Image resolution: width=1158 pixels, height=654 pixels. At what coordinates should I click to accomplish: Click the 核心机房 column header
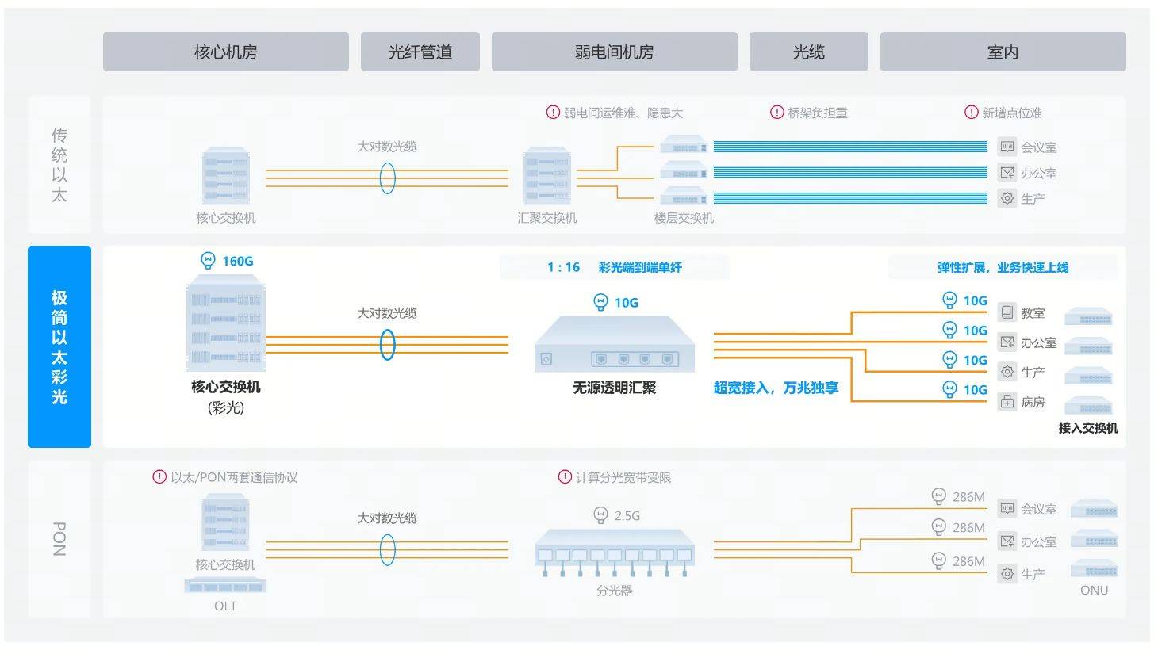click(x=225, y=52)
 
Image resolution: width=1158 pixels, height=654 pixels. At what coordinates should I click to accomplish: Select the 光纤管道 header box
click(x=420, y=52)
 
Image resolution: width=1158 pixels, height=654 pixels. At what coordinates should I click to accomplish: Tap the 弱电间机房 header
click(x=614, y=52)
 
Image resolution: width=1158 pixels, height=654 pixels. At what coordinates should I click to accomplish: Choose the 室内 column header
click(x=1003, y=52)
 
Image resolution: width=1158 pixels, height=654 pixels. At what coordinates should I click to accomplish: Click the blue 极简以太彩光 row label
click(x=59, y=346)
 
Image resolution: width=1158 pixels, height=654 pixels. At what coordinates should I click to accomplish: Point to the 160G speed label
click(x=237, y=261)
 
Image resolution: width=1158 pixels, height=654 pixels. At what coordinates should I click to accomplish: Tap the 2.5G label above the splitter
click(x=627, y=516)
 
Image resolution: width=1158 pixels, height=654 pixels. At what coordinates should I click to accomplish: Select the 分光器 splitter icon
click(x=614, y=553)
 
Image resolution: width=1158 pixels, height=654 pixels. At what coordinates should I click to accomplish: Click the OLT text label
click(x=225, y=606)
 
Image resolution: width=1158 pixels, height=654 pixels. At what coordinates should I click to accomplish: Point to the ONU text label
click(x=1094, y=590)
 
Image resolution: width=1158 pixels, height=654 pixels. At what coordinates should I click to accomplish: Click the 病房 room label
click(x=1032, y=402)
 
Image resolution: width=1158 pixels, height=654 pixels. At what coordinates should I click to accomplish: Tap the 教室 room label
click(x=1032, y=313)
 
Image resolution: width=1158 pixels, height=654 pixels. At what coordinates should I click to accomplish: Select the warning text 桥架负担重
click(x=817, y=113)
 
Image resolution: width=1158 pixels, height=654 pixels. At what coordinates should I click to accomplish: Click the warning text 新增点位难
click(x=1011, y=113)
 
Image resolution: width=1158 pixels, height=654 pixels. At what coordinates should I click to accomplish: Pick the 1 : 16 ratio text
click(x=563, y=267)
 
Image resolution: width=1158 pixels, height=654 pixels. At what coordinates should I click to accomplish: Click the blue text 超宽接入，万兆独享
click(x=776, y=388)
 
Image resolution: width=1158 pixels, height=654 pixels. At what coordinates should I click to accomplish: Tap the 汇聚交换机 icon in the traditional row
click(x=546, y=176)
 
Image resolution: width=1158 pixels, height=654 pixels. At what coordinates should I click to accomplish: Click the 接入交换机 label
click(x=1087, y=428)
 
